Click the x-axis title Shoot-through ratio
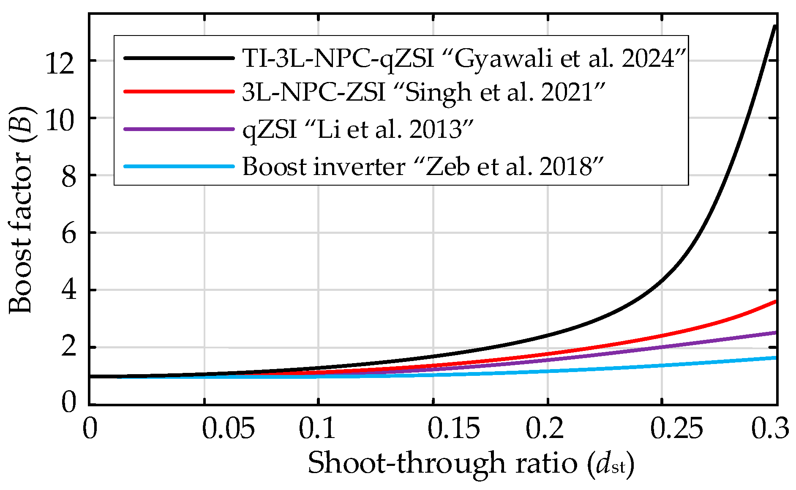click(x=471, y=463)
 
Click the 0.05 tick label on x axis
click(x=228, y=429)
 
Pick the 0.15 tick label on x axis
click(x=454, y=429)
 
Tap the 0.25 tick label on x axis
click(x=676, y=429)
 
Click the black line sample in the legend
click(x=179, y=58)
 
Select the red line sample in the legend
click(x=179, y=91)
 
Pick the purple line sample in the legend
click(x=179, y=129)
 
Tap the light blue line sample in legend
click(x=179, y=166)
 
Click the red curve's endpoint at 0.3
click(x=775, y=301)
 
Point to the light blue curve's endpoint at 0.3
click(x=775, y=358)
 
